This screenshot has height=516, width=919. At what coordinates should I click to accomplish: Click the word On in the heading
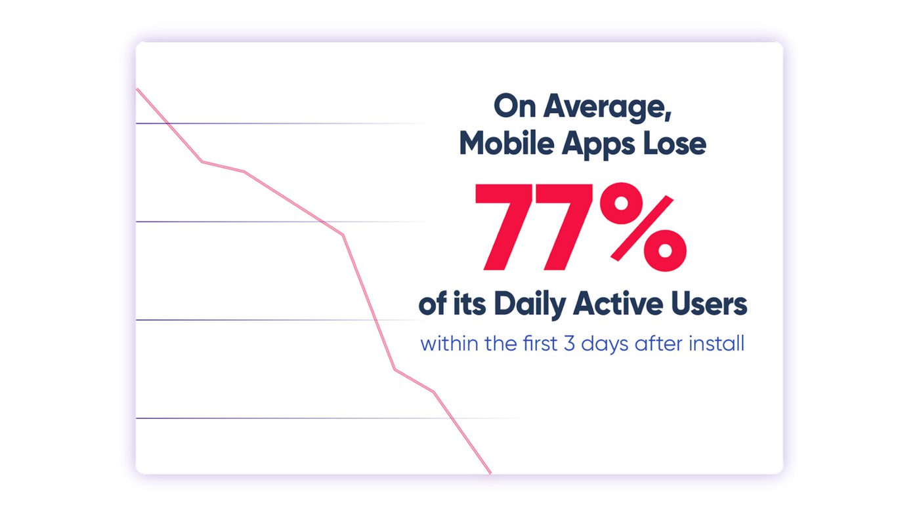(515, 106)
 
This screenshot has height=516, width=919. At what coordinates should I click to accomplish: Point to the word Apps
(598, 146)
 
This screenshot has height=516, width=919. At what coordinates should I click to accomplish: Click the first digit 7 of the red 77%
(503, 227)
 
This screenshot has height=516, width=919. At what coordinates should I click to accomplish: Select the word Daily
(529, 306)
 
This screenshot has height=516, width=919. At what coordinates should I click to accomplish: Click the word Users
(709, 304)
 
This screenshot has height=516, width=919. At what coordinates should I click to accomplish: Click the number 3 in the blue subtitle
(570, 344)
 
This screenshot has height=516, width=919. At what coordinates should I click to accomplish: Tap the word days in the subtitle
(605, 345)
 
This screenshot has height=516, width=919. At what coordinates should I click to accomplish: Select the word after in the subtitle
(658, 344)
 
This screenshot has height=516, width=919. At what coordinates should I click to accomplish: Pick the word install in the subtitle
(716, 344)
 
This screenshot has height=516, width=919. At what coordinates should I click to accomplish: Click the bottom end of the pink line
(490, 473)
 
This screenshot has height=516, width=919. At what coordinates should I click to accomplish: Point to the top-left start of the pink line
(137, 89)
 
